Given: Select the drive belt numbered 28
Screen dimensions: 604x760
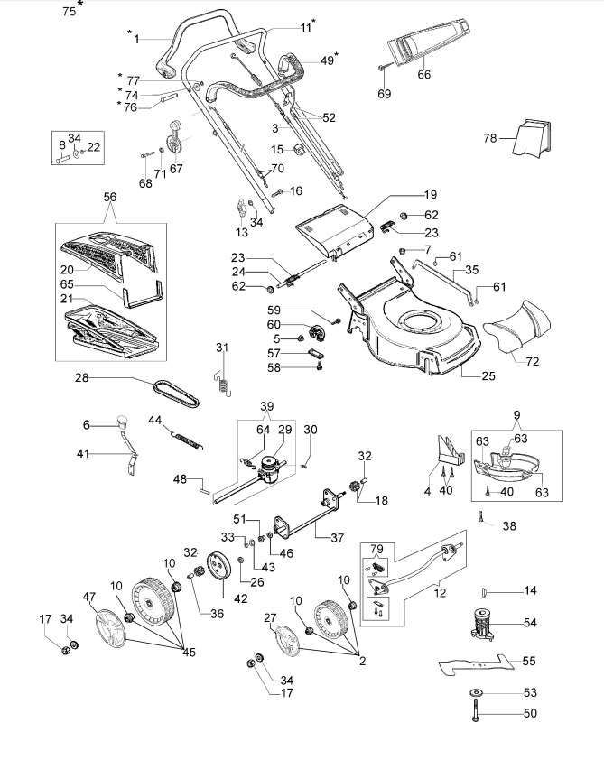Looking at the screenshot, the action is coord(176,393).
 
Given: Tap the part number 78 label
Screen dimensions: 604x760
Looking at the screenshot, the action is coord(490,139).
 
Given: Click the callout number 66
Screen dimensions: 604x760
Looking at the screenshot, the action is coord(423,74).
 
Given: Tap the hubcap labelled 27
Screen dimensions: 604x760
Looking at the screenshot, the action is coord(287,641).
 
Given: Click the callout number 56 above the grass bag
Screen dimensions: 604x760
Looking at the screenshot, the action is coord(110,197).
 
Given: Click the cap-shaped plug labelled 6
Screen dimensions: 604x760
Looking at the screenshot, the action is coord(122,421).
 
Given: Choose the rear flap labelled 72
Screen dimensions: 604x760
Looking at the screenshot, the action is coord(516,327).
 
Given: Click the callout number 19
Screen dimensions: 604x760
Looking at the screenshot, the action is coord(431,194).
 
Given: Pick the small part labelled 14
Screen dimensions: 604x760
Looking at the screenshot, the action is coord(484,591).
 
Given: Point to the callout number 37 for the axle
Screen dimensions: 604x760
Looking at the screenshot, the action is coord(338,537).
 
